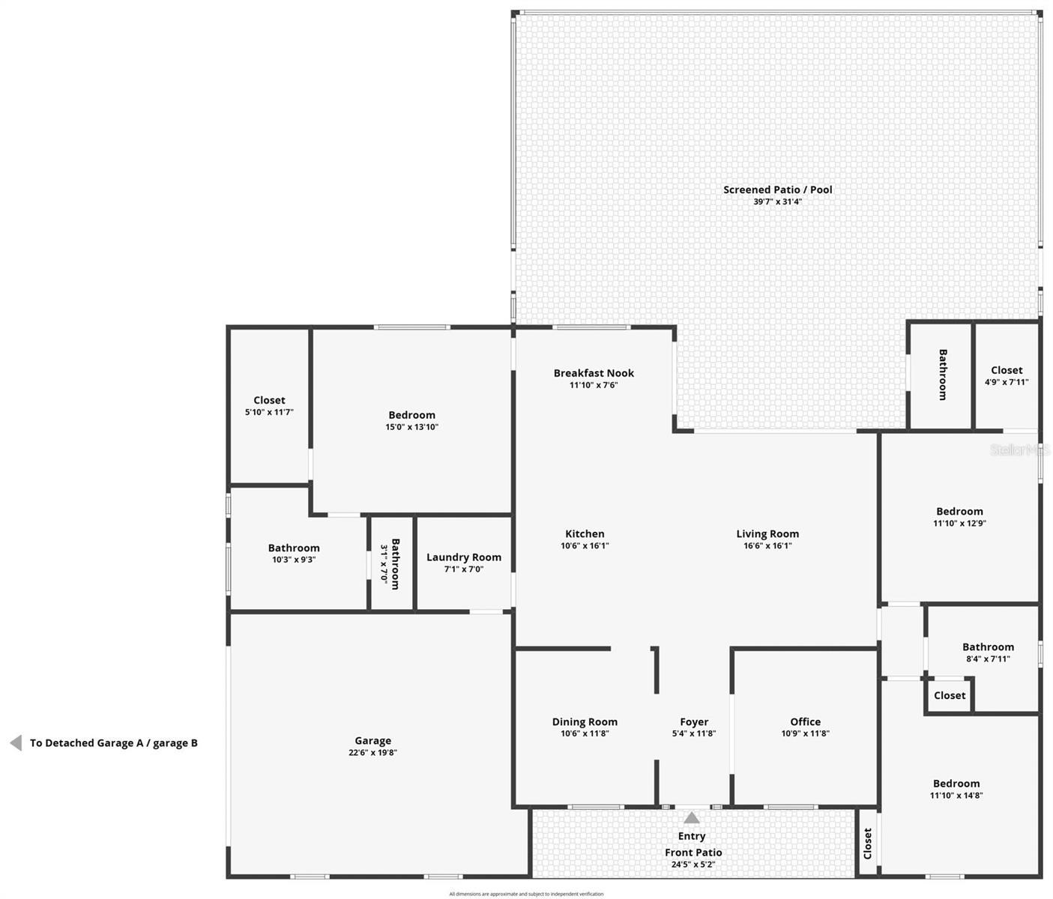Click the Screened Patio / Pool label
tap(777, 190)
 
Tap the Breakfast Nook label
tap(594, 373)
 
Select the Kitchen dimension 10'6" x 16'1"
tap(585, 546)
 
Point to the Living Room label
tap(767, 534)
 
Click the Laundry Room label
tap(464, 557)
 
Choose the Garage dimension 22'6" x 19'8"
tap(372, 753)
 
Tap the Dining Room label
tap(585, 722)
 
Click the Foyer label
tap(694, 722)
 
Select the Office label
tap(805, 722)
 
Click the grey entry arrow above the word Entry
tap(692, 817)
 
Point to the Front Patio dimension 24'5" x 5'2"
tap(693, 865)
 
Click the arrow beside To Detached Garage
tap(16, 743)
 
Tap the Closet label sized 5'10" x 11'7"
tap(269, 400)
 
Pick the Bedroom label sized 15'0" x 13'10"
tap(411, 415)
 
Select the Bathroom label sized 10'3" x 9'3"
tap(294, 548)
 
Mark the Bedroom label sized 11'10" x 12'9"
tap(959, 512)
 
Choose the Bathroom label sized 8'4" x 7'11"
tap(988, 647)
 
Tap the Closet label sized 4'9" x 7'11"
tap(1007, 370)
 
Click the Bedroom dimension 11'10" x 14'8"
tap(956, 796)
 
